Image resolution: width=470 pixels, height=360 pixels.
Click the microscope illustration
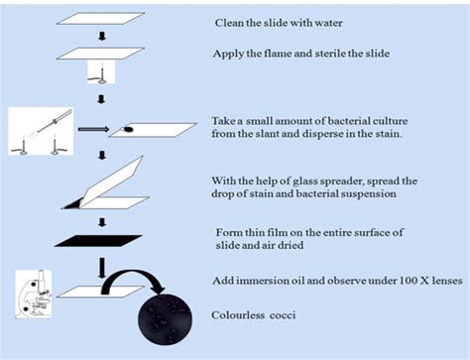click(34, 295)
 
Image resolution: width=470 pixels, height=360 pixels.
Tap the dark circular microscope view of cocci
click(165, 318)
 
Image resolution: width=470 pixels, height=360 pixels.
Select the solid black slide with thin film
click(98, 241)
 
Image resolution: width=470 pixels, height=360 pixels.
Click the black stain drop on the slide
click(129, 129)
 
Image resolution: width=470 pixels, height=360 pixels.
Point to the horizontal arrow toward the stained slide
click(93, 129)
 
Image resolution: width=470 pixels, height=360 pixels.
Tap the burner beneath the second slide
click(101, 73)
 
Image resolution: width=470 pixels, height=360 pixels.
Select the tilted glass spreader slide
click(111, 182)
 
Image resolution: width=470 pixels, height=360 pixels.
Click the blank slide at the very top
click(100, 19)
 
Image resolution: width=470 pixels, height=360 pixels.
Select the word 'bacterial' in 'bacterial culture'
click(349, 121)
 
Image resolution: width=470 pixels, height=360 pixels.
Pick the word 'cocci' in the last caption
click(283, 315)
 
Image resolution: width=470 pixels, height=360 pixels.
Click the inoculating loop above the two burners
click(51, 124)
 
